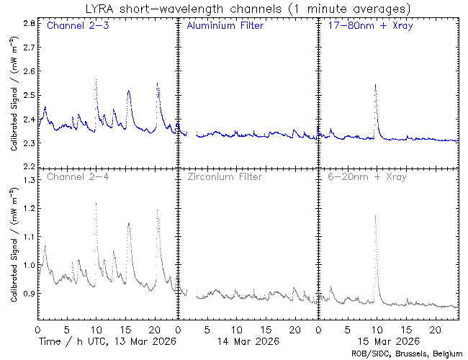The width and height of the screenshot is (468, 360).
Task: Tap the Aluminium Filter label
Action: (225, 26)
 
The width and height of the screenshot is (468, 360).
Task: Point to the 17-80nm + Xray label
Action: (366, 26)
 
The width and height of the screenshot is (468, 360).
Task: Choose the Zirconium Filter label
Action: (224, 176)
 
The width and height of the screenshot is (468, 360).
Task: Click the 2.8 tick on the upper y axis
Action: (30, 23)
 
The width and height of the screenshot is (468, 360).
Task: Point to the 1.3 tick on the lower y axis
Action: (30, 179)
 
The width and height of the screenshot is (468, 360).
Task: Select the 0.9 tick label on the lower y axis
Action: (30, 294)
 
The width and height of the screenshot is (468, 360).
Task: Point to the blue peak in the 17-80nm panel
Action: (375, 85)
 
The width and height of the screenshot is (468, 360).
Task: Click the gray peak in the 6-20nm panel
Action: (375, 215)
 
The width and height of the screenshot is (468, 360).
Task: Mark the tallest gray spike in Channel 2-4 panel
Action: (96, 204)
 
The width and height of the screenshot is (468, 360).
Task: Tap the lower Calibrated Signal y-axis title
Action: (14, 243)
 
